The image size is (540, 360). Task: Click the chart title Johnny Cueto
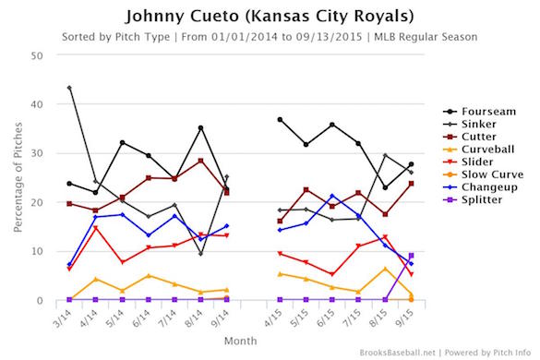(270, 16)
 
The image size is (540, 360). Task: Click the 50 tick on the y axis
(38, 55)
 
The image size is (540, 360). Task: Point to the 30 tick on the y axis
(38, 153)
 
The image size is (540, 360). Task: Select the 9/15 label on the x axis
(406, 318)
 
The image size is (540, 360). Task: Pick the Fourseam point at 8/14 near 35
(200, 128)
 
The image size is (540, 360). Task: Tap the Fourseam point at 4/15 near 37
(280, 119)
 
